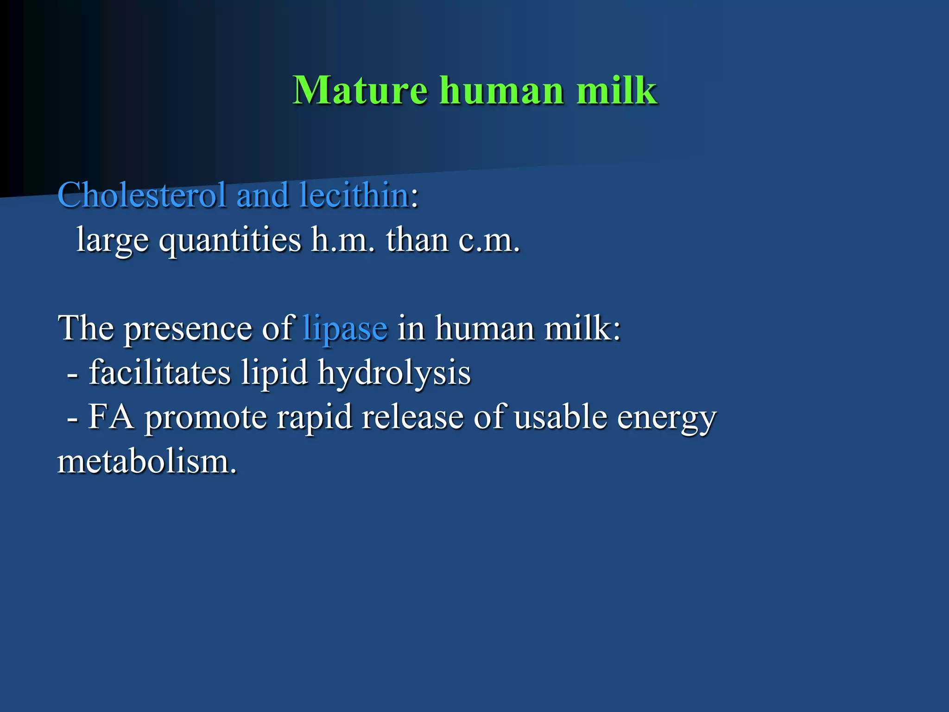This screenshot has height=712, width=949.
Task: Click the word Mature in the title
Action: coord(360,90)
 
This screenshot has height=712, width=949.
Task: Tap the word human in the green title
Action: coord(502,90)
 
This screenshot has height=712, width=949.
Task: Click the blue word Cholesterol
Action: coord(142,195)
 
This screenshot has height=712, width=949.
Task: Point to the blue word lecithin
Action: coord(354,195)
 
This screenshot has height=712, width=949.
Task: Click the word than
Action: coord(417,240)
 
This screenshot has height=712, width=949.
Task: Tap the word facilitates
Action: coord(159,373)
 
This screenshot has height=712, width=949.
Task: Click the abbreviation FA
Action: coord(111,417)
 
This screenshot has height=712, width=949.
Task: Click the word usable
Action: coord(560,417)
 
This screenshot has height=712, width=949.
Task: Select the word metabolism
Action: coord(147,462)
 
